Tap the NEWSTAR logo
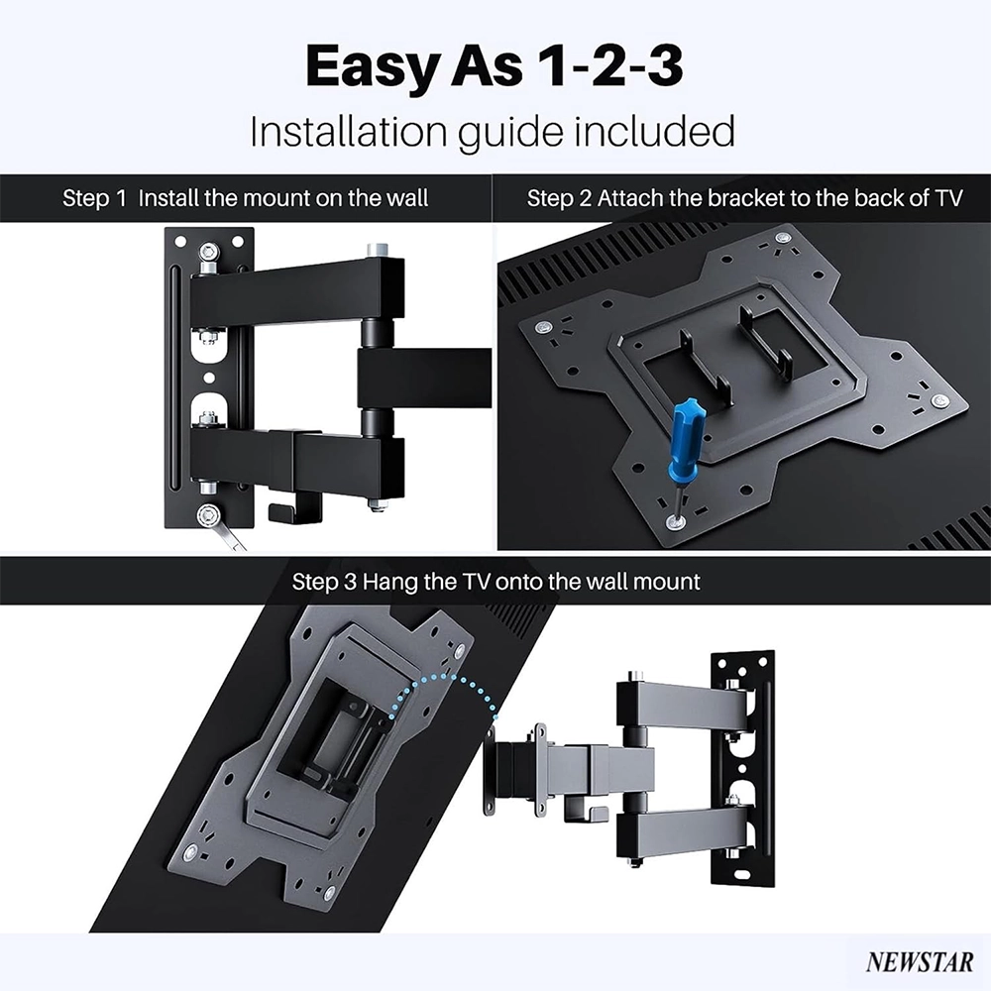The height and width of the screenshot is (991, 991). pos(920,961)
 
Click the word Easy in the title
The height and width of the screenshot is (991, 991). pos(373,67)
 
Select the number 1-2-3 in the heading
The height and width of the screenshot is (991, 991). pos(606,65)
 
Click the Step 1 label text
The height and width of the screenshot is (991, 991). pos(95,198)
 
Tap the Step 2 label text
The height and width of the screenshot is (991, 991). pos(559,198)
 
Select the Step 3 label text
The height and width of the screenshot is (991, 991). pos(324,582)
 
